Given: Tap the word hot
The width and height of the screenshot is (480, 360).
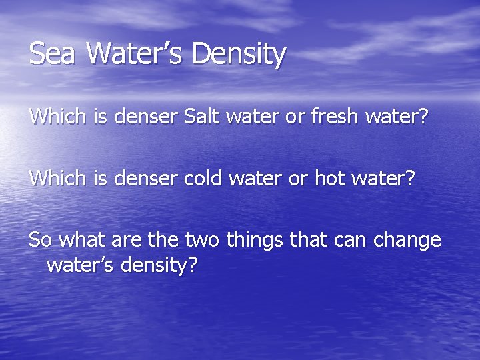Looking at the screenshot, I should coord(329,179).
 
